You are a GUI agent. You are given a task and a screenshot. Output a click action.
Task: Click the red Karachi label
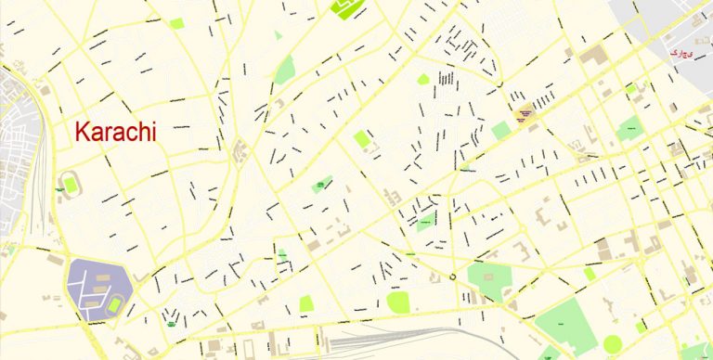click(115, 132)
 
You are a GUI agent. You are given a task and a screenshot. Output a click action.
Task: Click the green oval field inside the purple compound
click(115, 304)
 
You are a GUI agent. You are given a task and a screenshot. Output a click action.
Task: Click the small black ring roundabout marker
click(452, 276)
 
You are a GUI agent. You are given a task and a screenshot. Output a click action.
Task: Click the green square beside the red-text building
click(501, 131)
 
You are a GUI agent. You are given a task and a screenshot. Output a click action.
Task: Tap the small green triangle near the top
click(277, 36)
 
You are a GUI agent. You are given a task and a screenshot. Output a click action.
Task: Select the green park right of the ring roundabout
click(489, 279)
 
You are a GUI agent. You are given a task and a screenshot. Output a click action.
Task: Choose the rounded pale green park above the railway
click(398, 302)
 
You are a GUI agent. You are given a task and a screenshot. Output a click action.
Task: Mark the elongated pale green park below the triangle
click(284, 70)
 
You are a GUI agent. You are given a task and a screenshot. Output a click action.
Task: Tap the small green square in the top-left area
click(176, 23)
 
